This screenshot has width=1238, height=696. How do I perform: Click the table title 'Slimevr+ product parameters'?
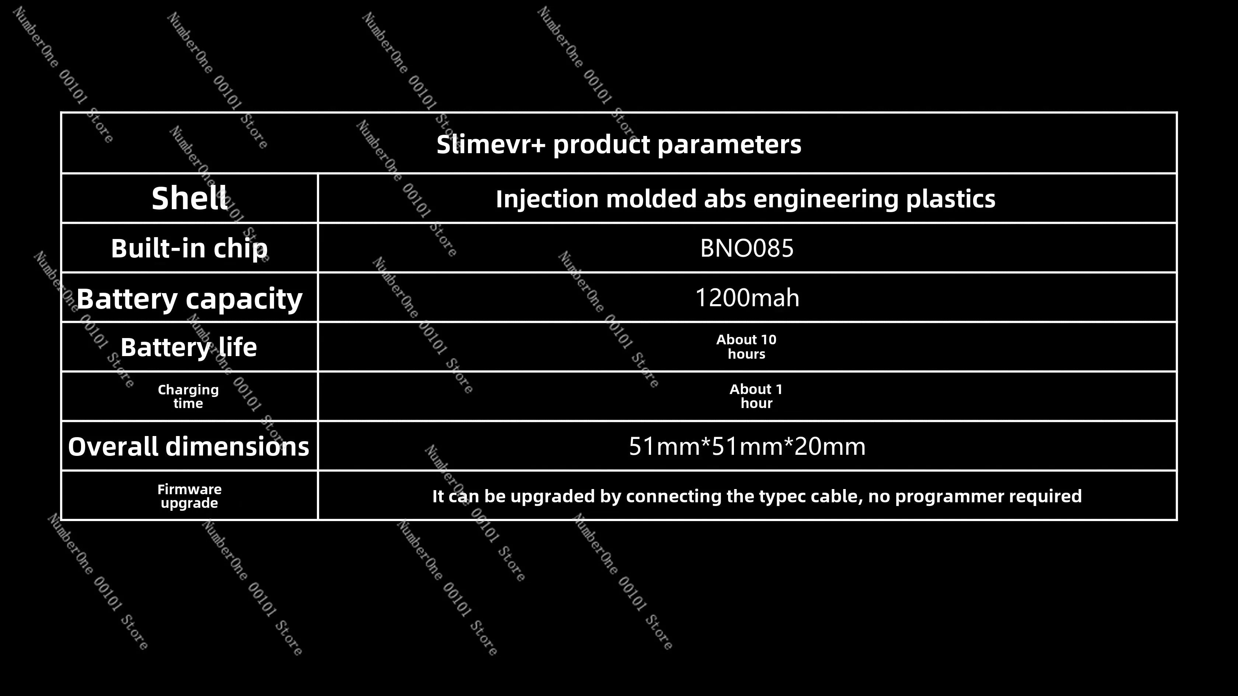click(619, 144)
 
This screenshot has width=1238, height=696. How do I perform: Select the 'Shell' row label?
click(189, 198)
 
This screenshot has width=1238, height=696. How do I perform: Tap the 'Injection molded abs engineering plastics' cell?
click(745, 199)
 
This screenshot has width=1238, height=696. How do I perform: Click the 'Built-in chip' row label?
click(189, 248)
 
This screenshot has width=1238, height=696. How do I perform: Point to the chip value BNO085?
click(747, 248)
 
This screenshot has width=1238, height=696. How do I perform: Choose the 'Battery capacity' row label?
click(189, 299)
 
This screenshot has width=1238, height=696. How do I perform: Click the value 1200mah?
click(747, 298)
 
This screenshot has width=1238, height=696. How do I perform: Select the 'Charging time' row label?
click(188, 396)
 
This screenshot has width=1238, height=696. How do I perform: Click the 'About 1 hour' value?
click(756, 396)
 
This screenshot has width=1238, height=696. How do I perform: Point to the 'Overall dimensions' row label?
click(188, 446)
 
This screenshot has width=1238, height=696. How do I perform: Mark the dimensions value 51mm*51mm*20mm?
click(747, 446)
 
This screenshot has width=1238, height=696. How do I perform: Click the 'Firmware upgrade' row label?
click(189, 496)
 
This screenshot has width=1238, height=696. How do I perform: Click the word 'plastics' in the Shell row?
click(951, 199)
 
